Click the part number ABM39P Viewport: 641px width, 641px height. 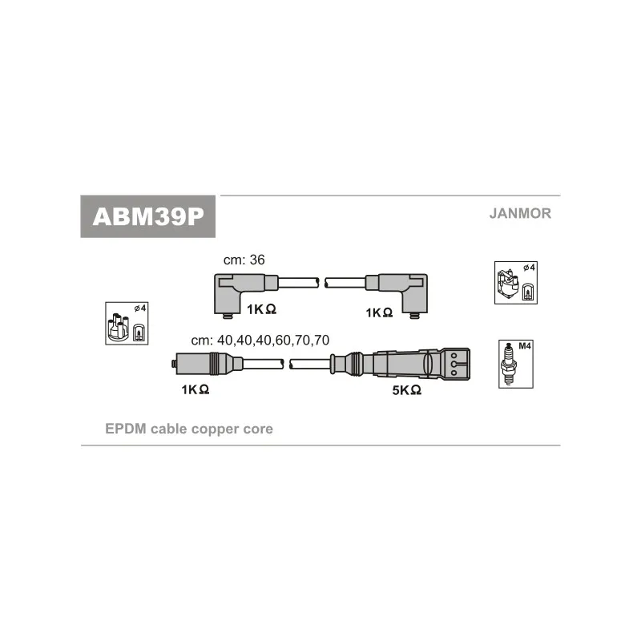click(148, 216)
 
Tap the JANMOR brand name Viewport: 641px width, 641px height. click(520, 214)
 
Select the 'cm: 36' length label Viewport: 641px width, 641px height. click(244, 260)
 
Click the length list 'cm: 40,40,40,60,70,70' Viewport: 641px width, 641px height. click(260, 340)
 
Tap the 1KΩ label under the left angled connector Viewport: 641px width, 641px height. click(261, 310)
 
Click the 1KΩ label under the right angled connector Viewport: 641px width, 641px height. click(378, 312)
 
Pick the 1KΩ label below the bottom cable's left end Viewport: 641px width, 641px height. click(195, 389)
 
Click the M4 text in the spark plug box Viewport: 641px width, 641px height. click(525, 346)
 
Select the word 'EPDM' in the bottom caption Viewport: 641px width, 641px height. click(124, 429)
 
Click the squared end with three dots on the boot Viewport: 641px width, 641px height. click(457, 363)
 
